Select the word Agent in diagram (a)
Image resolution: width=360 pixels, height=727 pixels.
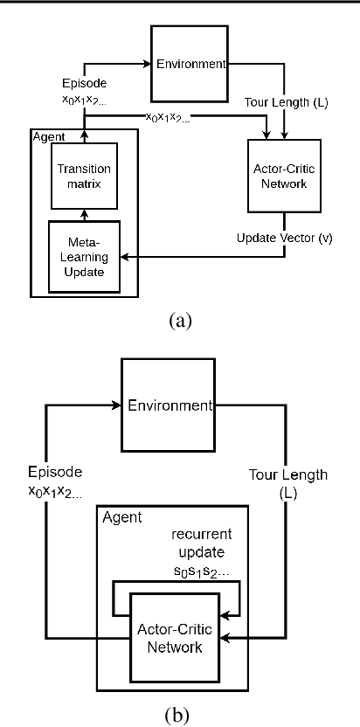point(44,137)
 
